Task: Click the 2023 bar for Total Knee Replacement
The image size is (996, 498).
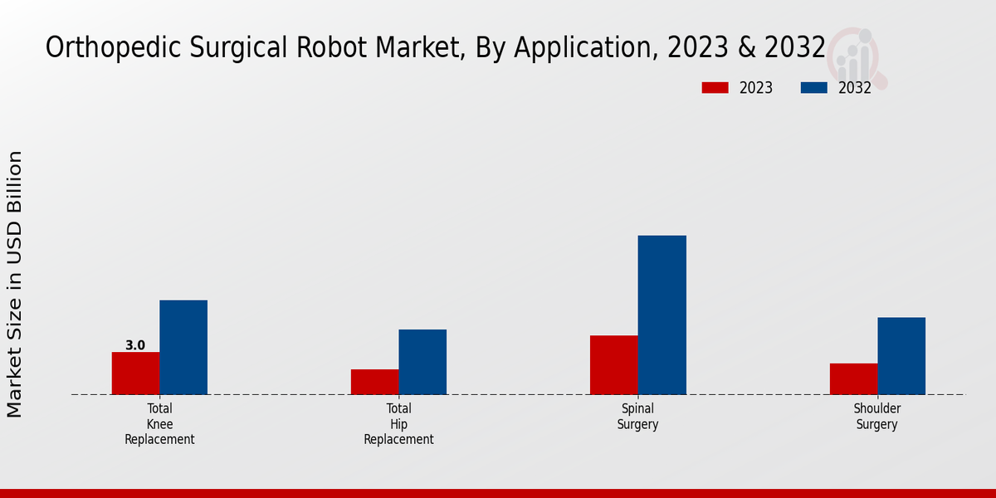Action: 135,373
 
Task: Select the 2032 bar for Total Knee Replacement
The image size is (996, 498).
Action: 183,347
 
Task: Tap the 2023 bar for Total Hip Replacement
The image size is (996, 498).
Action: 374,382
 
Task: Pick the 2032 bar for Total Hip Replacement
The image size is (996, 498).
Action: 422,362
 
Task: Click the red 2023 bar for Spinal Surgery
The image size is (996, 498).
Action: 613,364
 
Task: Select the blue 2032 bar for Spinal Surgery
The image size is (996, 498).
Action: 662,315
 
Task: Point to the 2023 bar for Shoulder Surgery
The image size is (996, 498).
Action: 853,378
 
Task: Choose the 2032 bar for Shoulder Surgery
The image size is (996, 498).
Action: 901,355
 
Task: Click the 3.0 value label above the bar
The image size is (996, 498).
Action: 135,345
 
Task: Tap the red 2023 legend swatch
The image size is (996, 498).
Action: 715,88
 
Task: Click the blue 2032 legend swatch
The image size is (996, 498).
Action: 813,88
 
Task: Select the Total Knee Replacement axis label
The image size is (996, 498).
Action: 159,424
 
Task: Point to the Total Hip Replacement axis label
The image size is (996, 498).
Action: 398,424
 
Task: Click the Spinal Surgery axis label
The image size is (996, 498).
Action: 637,417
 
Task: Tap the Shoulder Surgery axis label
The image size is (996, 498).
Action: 877,417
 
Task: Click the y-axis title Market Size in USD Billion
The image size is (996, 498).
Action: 15,284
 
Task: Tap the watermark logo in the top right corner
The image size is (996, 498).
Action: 857,56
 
